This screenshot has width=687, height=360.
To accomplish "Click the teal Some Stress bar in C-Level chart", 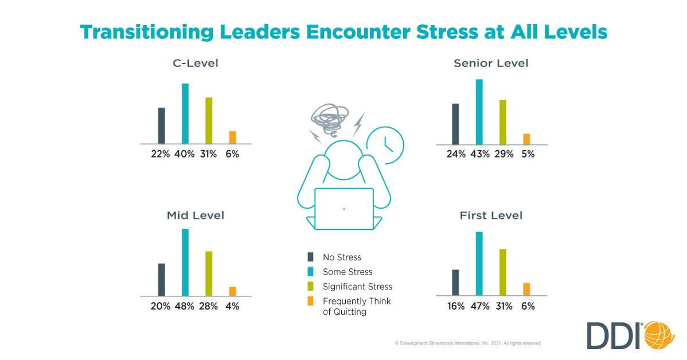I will pos(185,114).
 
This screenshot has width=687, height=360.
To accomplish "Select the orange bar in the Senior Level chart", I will pos(526,139).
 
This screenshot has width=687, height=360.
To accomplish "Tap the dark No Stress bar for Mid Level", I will pos(162,280).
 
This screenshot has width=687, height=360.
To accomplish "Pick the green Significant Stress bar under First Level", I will pos(503,272).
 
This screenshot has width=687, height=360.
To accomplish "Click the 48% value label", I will pos(185,306).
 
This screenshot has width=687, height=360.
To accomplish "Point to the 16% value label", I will pos(456,306).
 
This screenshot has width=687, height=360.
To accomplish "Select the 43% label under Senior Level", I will pos(479,154).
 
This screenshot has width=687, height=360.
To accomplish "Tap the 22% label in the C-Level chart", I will pos(161,154).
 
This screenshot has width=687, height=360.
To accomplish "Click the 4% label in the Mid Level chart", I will pos(232,306).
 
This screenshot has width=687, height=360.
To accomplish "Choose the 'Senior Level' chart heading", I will pos(491,64).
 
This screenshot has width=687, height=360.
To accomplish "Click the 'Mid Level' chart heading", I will pos(196,216).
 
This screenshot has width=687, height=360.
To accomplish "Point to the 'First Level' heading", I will pos(491,216).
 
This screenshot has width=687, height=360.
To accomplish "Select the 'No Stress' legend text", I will pos(342,257).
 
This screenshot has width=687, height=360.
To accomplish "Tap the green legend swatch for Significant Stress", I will pos(311,286).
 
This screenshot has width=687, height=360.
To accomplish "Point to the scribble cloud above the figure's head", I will pos(330,117).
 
